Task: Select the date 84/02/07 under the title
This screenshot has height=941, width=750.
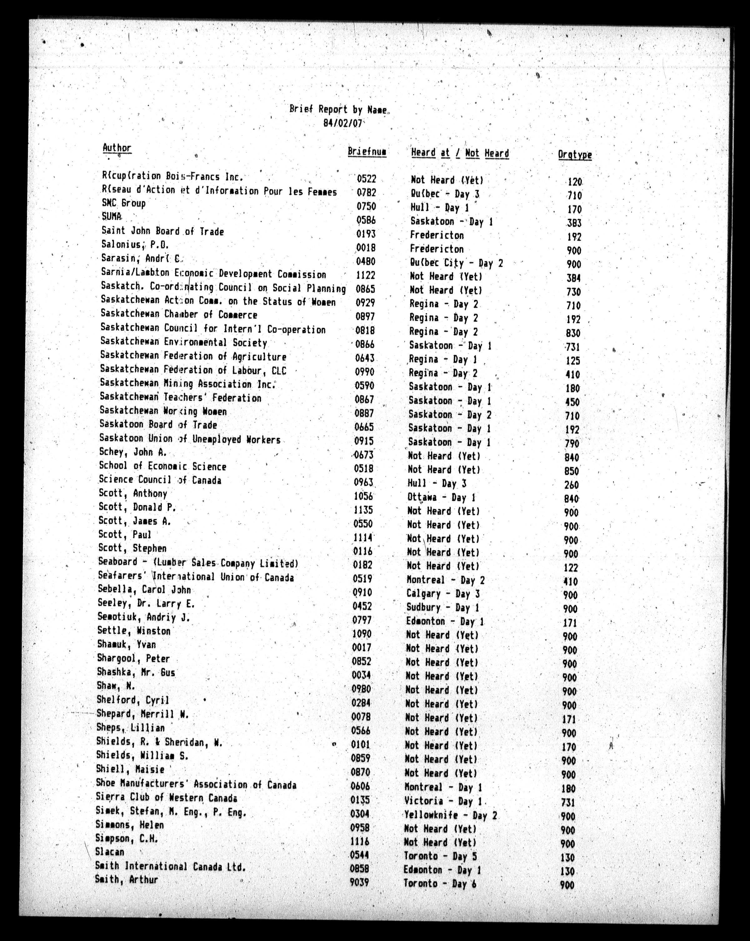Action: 343,123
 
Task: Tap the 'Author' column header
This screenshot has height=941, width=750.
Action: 117,148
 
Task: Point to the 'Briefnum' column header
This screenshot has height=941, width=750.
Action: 367,152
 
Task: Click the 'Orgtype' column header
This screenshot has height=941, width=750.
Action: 575,155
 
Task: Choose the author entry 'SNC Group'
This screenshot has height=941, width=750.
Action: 123,203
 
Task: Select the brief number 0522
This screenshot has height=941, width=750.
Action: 366,179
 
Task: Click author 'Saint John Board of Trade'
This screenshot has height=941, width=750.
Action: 162,231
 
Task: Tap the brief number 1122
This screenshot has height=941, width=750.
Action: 365,275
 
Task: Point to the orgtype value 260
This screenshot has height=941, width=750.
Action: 571,485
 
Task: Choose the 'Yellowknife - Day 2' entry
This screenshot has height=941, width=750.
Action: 450,815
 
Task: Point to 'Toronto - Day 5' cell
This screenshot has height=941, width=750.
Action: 440,856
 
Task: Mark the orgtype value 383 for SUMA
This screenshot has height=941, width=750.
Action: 574,223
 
